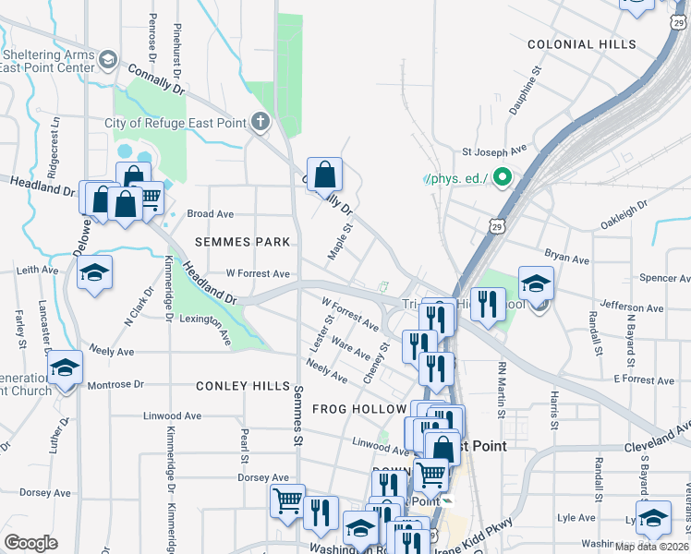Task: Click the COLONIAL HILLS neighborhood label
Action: (581, 44)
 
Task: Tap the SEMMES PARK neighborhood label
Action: (243, 242)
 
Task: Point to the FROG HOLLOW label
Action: (359, 408)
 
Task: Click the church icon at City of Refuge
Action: (261, 122)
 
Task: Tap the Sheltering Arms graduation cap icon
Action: (108, 61)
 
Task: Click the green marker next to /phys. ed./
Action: (503, 175)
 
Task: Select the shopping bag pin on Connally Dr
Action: (325, 174)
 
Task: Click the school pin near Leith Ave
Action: (93, 272)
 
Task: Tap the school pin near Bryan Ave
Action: (536, 283)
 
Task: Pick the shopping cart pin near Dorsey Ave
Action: (287, 500)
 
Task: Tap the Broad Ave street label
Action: (211, 213)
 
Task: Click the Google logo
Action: (30, 543)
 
